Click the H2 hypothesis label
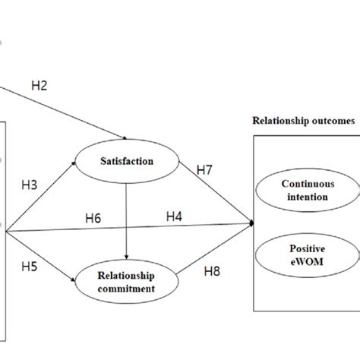point(39,87)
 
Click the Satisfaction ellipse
point(126,162)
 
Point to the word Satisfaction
point(126,162)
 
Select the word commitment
point(126,288)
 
